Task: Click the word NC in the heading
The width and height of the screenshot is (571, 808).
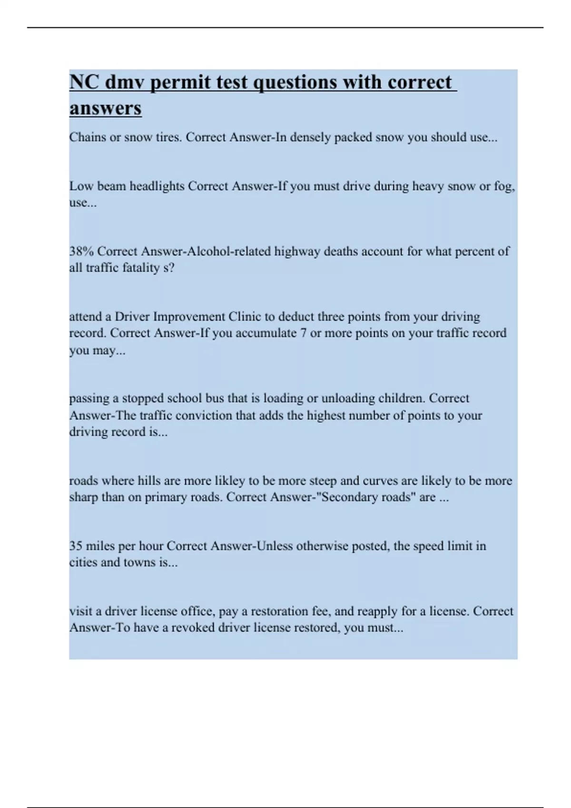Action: (x=84, y=82)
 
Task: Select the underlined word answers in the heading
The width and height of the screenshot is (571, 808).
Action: (x=105, y=108)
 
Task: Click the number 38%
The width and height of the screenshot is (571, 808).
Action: (x=81, y=251)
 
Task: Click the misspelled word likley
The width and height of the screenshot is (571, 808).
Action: (x=229, y=481)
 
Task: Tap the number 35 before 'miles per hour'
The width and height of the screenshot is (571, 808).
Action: (x=76, y=546)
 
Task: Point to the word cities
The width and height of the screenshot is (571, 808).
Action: (x=83, y=562)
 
